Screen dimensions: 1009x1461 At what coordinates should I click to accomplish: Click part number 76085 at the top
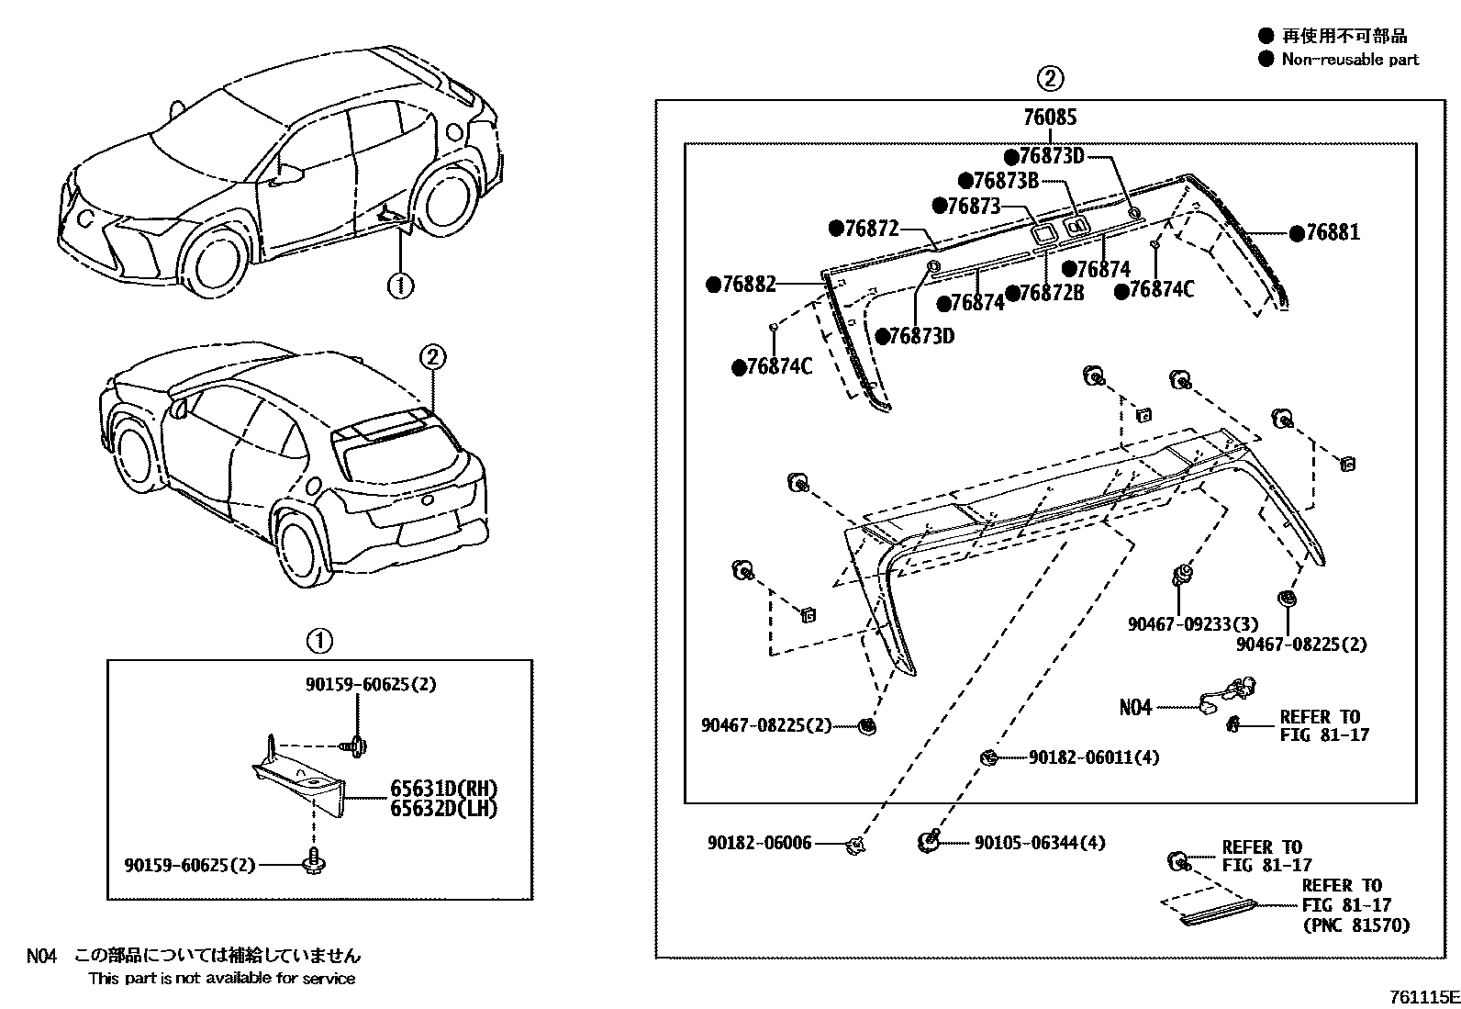pyautogui.click(x=1050, y=118)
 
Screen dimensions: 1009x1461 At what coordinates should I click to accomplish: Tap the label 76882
pyautogui.click(x=749, y=285)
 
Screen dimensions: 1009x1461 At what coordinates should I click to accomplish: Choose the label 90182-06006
pyautogui.click(x=759, y=843)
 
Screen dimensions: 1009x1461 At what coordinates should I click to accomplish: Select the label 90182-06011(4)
pyautogui.click(x=1093, y=757)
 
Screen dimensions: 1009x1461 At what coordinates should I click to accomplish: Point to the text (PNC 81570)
pyautogui.click(x=1355, y=925)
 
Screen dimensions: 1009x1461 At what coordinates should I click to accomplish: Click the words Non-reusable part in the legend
pyautogui.click(x=1349, y=60)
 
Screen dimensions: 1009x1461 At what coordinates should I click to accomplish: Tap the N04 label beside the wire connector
pyautogui.click(x=1135, y=707)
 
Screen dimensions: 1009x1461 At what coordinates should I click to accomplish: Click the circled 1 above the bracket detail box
pyautogui.click(x=319, y=640)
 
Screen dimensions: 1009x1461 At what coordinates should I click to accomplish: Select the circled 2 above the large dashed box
pyautogui.click(x=1050, y=78)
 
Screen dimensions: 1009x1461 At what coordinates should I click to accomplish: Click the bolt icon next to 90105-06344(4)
pyautogui.click(x=929, y=840)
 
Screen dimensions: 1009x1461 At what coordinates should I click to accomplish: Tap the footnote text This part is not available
pyautogui.click(x=221, y=979)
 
